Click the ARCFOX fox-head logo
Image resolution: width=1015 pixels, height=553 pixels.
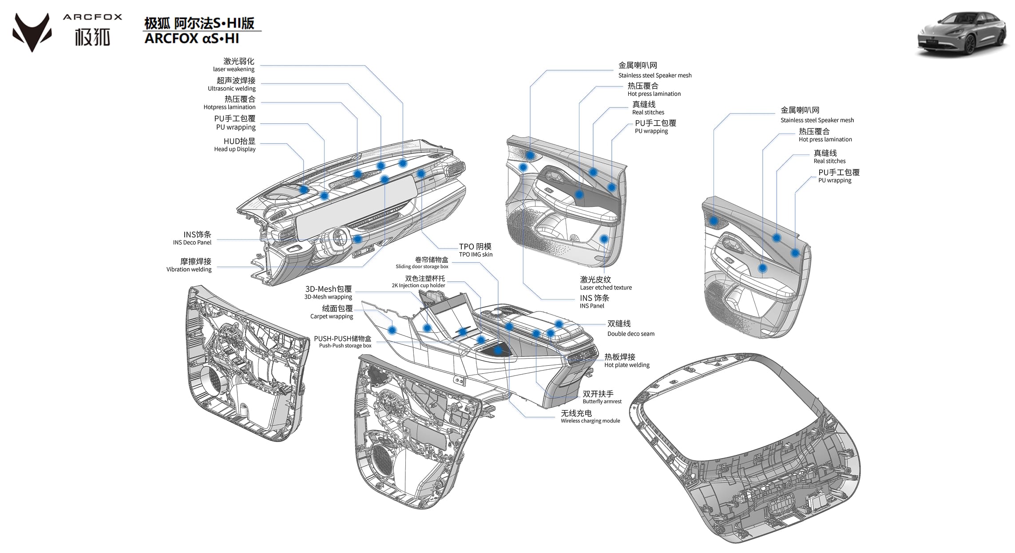[x=32, y=32]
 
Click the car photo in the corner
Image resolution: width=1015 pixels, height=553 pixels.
[x=962, y=34]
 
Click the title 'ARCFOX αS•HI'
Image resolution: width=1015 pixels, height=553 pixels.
[x=192, y=39]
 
